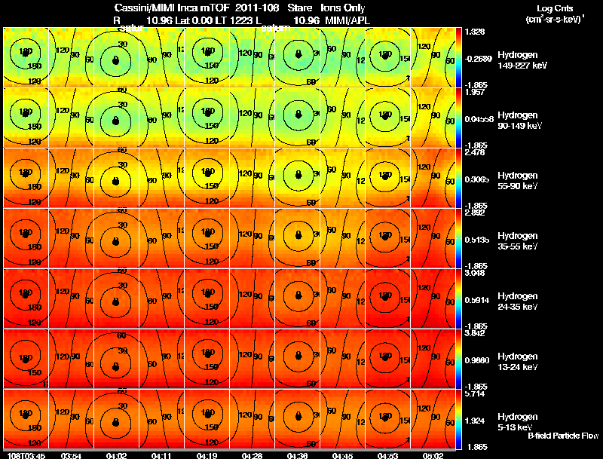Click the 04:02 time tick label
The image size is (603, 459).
pos(116,455)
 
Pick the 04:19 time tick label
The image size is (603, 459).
pos(205,455)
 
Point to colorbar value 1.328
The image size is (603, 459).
pos(474,32)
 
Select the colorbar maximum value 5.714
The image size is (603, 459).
pos(474,393)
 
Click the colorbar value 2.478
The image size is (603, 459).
pos(474,152)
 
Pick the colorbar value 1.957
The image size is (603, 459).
pos(474,92)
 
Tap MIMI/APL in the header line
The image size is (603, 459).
pos(349,20)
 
